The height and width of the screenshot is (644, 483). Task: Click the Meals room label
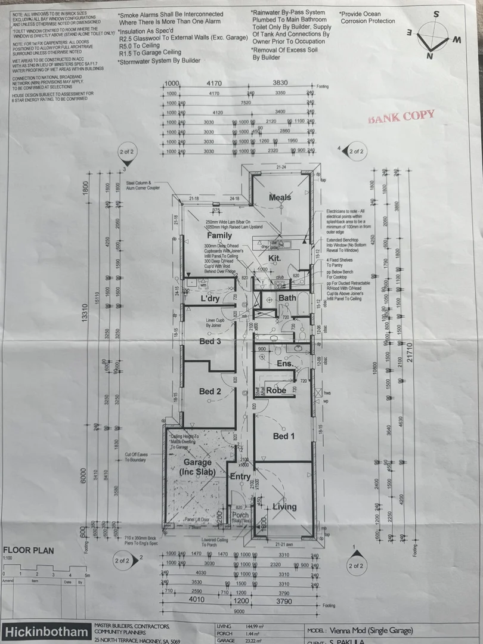coord(280,198)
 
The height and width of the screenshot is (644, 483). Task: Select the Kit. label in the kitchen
coord(274,258)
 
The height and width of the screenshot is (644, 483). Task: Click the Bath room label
coord(287,298)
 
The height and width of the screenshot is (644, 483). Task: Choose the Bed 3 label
coord(210,341)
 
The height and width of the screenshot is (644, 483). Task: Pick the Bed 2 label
coord(210,391)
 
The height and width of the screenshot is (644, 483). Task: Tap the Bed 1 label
coord(284,436)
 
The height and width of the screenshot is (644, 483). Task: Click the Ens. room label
coord(283,363)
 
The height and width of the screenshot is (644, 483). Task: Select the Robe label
coord(276,391)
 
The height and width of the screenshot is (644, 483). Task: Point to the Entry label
coord(240,476)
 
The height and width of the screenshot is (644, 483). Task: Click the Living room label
coord(284,507)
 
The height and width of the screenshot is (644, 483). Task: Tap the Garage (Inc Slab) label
coord(197,467)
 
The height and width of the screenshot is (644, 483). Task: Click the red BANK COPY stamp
coord(401,117)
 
